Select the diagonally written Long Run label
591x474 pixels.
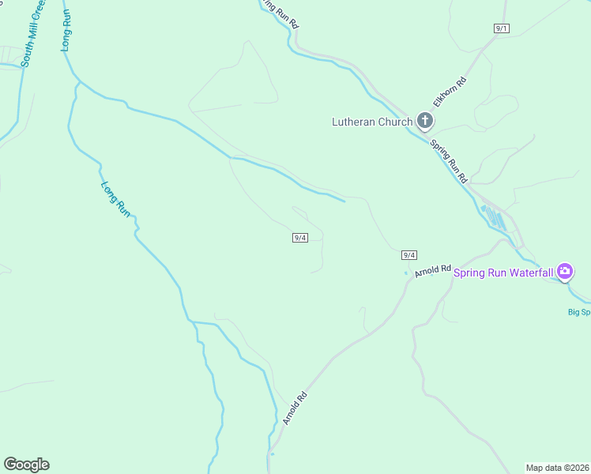click(x=115, y=200)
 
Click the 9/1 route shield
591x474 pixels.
click(x=502, y=28)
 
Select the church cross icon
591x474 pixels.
click(x=425, y=121)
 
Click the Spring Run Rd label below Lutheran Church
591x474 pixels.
click(x=450, y=161)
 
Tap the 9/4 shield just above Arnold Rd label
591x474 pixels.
click(x=408, y=254)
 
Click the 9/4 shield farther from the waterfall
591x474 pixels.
click(x=299, y=238)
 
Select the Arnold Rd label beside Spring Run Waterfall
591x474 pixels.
click(x=431, y=270)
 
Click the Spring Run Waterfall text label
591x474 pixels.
click(x=503, y=273)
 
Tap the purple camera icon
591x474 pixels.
click(x=565, y=273)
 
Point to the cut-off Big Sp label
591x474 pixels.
click(x=579, y=312)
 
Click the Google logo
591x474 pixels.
click(x=26, y=465)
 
